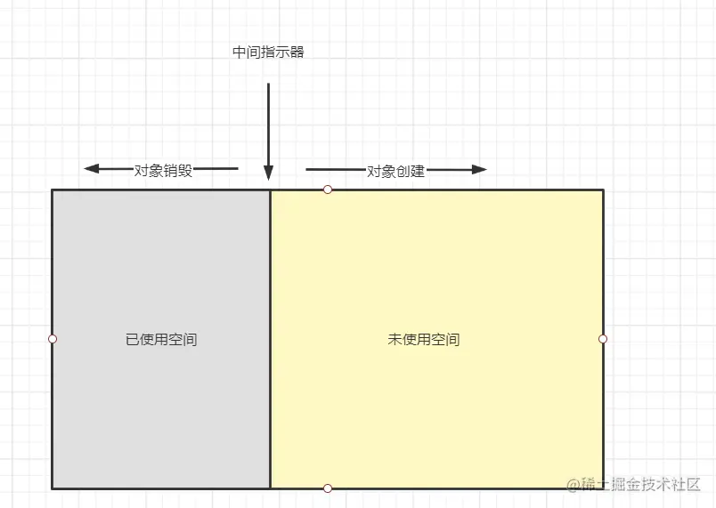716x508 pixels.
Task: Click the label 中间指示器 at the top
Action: [268, 52]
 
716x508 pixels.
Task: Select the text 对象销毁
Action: [163, 171]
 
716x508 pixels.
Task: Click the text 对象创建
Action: [395, 171]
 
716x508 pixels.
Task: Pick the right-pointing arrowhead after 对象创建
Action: [480, 169]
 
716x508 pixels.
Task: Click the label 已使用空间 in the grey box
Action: [161, 339]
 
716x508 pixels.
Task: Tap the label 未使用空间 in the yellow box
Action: [424, 339]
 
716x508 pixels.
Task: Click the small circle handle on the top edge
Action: [328, 189]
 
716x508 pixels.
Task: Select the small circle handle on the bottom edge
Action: [328, 488]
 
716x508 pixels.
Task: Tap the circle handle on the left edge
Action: [53, 339]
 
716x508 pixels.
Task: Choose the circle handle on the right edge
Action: [603, 339]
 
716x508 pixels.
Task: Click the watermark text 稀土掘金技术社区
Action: [641, 485]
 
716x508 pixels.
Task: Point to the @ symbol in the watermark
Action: [574, 485]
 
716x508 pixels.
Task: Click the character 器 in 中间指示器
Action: [297, 52]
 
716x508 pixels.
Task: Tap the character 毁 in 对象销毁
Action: [184, 171]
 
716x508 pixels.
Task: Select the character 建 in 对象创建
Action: [418, 171]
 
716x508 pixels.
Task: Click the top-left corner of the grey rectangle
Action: [53, 190]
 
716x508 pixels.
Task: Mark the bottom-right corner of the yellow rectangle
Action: [603, 488]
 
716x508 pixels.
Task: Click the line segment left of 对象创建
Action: [334, 169]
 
